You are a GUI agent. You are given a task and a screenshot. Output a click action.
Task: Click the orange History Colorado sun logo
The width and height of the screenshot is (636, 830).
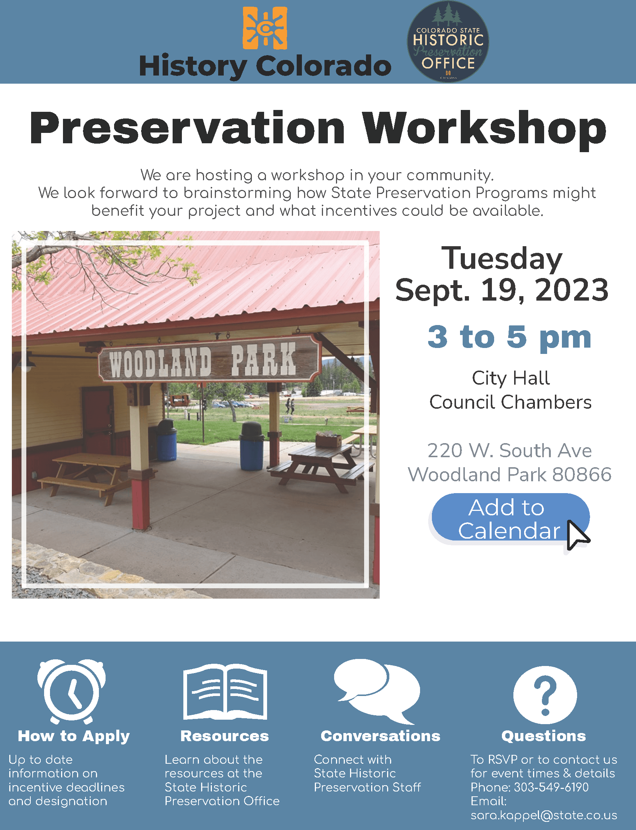pos(264,28)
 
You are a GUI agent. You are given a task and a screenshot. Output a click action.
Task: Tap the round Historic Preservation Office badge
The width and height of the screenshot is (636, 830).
pos(448,41)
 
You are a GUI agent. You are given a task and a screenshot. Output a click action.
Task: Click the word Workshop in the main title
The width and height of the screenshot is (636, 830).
pos(484,128)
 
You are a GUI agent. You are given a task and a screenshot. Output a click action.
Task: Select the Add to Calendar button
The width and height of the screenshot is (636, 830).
pos(510,519)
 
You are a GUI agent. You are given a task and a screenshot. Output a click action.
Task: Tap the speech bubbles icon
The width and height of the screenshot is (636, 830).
pos(377,690)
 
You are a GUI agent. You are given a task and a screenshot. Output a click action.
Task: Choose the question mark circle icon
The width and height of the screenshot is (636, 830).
pos(545,695)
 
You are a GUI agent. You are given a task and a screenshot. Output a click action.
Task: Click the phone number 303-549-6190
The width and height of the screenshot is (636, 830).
pos(551,787)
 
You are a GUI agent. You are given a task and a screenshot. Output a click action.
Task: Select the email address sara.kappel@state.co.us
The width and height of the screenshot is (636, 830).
pos(544,815)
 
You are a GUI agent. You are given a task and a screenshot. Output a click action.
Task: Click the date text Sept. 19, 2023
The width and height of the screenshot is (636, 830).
pos(502,290)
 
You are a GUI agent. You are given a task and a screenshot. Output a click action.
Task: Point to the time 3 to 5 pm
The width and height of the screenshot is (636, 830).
pos(509,337)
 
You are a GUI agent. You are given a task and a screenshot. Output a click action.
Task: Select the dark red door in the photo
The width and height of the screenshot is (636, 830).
pos(98,416)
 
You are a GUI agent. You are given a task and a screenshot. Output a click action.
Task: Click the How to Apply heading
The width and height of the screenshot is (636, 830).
pos(74,736)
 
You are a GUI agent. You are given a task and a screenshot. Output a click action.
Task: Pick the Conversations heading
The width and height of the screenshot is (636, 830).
pos(380,736)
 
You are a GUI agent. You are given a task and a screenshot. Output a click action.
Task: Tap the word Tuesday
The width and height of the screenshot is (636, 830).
pos(502,259)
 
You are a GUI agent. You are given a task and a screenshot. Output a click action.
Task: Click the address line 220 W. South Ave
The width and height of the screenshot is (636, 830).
pos(509,451)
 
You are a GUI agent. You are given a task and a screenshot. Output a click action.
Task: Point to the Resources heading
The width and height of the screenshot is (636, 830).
pos(224,736)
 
